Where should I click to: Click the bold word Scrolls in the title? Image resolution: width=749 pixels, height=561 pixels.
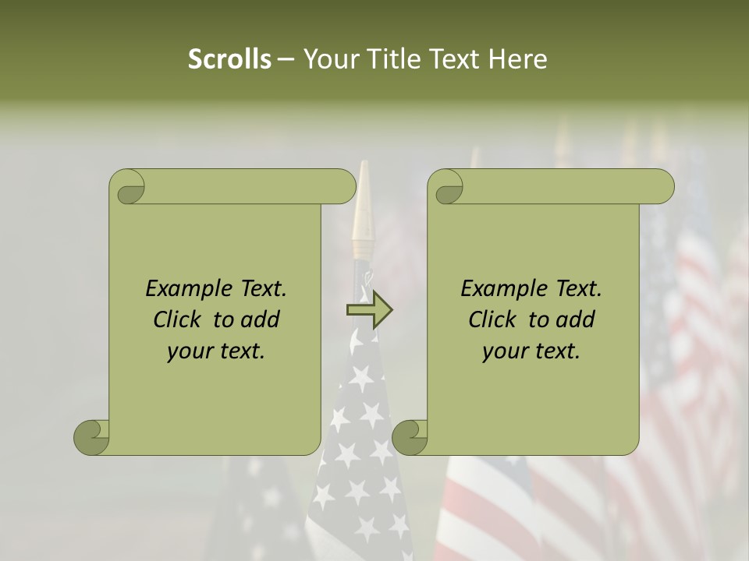229,59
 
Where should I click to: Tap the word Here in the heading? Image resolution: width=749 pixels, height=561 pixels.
518,59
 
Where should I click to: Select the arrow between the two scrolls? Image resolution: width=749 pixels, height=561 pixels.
369,310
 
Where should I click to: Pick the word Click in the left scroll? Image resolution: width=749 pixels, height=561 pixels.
180,319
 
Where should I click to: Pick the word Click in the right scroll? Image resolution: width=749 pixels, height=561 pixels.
495,319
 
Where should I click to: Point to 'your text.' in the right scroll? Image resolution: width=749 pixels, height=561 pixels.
531,351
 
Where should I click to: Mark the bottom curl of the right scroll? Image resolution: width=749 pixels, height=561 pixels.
410,437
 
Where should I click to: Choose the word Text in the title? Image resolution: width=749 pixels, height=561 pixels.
455,59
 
